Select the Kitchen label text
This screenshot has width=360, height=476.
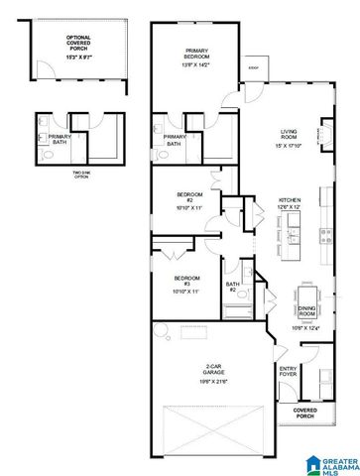[x=290, y=199]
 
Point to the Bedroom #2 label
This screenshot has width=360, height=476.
[x=188, y=196]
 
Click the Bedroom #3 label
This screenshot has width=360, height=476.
[x=186, y=281]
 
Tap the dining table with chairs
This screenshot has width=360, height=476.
[x=306, y=297]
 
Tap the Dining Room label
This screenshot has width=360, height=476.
[x=306, y=311]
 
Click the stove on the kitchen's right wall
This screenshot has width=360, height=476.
[x=325, y=237]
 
